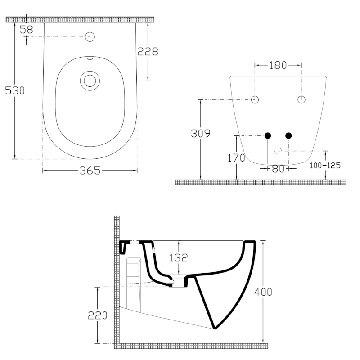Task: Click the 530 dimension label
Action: (x=15, y=90)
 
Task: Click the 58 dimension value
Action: (x=27, y=29)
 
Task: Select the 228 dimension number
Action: (x=148, y=52)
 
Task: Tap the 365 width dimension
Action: (x=90, y=170)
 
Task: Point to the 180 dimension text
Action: (x=278, y=65)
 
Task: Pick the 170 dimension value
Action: (x=236, y=158)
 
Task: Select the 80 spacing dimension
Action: (x=278, y=169)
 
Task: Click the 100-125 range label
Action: (x=325, y=165)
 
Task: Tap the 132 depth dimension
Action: (x=179, y=258)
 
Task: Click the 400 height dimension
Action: (x=263, y=292)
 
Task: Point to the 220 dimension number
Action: (x=97, y=315)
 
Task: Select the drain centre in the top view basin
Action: (x=90, y=81)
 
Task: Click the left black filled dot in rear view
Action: (x=268, y=135)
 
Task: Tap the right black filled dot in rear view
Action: (x=288, y=135)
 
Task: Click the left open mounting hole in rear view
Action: (x=255, y=99)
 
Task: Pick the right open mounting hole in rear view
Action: (x=301, y=99)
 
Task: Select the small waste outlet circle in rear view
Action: (x=278, y=150)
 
